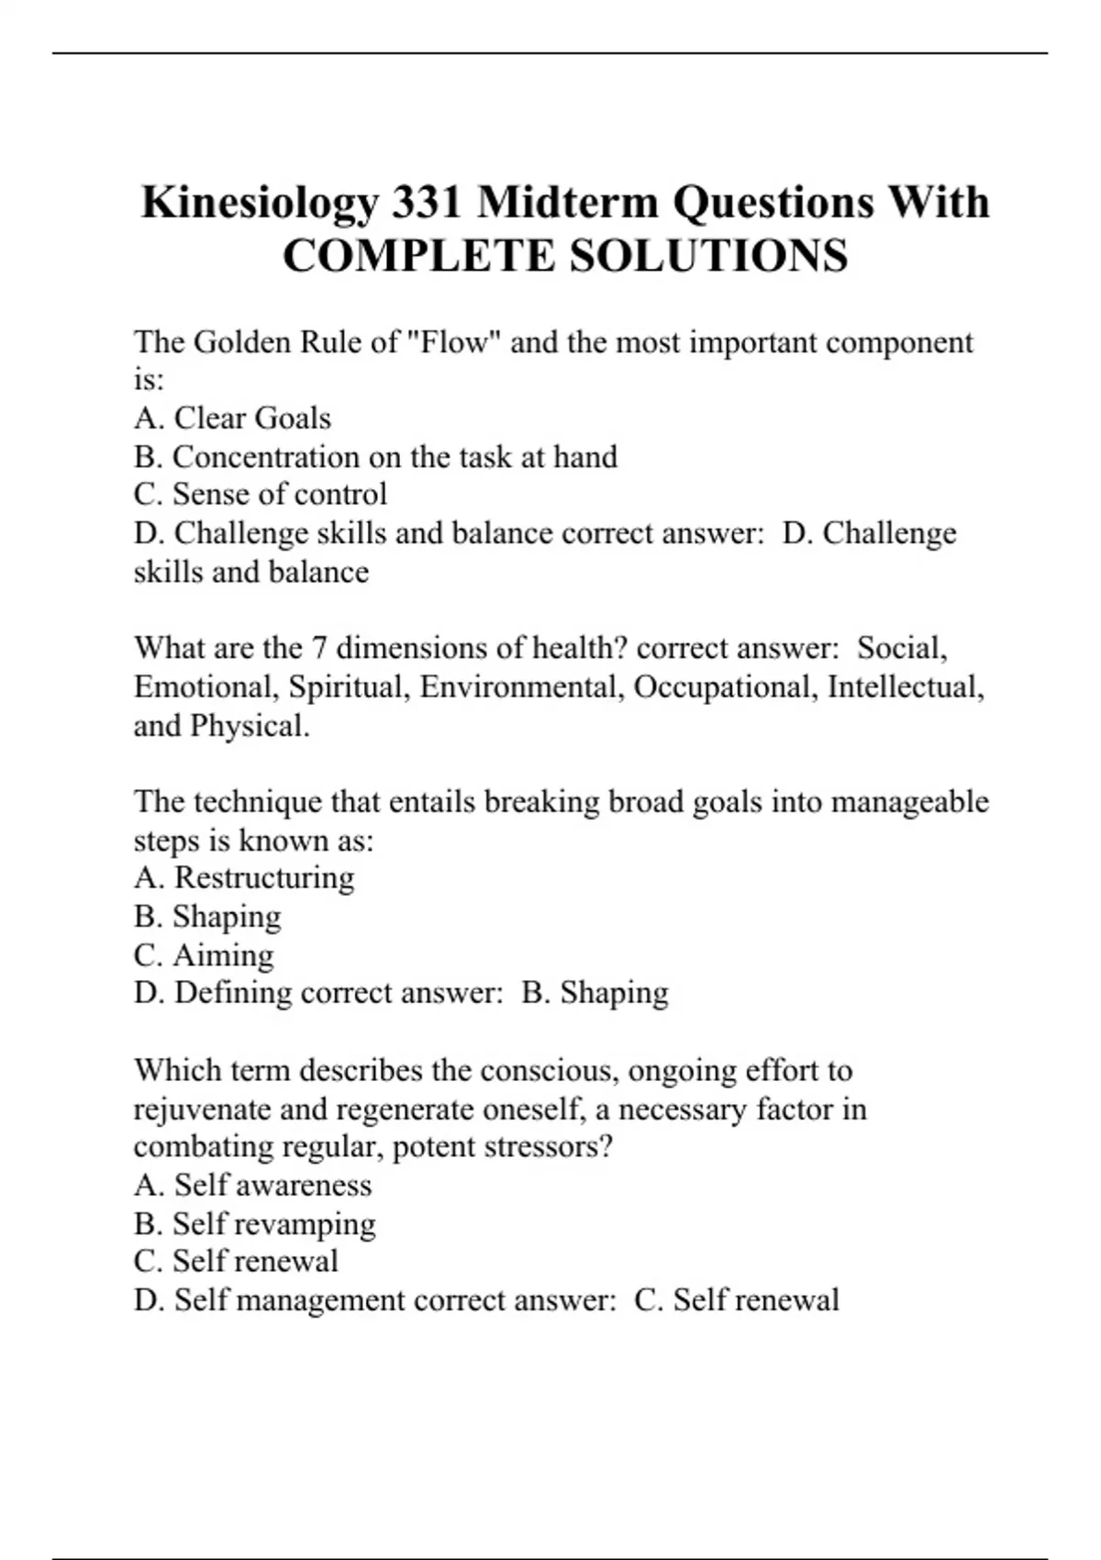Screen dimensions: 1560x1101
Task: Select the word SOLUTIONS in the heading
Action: pyautogui.click(x=708, y=256)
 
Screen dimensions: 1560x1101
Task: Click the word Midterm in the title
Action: pyautogui.click(x=568, y=203)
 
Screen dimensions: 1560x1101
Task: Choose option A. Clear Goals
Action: pyautogui.click(x=232, y=418)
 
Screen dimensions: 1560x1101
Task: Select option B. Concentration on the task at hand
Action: pyautogui.click(x=375, y=457)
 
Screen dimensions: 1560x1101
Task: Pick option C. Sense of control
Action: pyautogui.click(x=260, y=495)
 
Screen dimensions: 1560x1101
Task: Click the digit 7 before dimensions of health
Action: pyautogui.click(x=319, y=649)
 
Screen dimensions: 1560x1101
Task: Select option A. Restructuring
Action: pyautogui.click(x=244, y=878)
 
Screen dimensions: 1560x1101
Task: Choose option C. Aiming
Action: pyautogui.click(x=204, y=955)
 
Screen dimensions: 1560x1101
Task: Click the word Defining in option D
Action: pyautogui.click(x=233, y=993)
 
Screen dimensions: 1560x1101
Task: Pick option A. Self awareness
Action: pyautogui.click(x=252, y=1186)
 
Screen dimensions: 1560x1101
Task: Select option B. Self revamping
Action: pyautogui.click(x=254, y=1224)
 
